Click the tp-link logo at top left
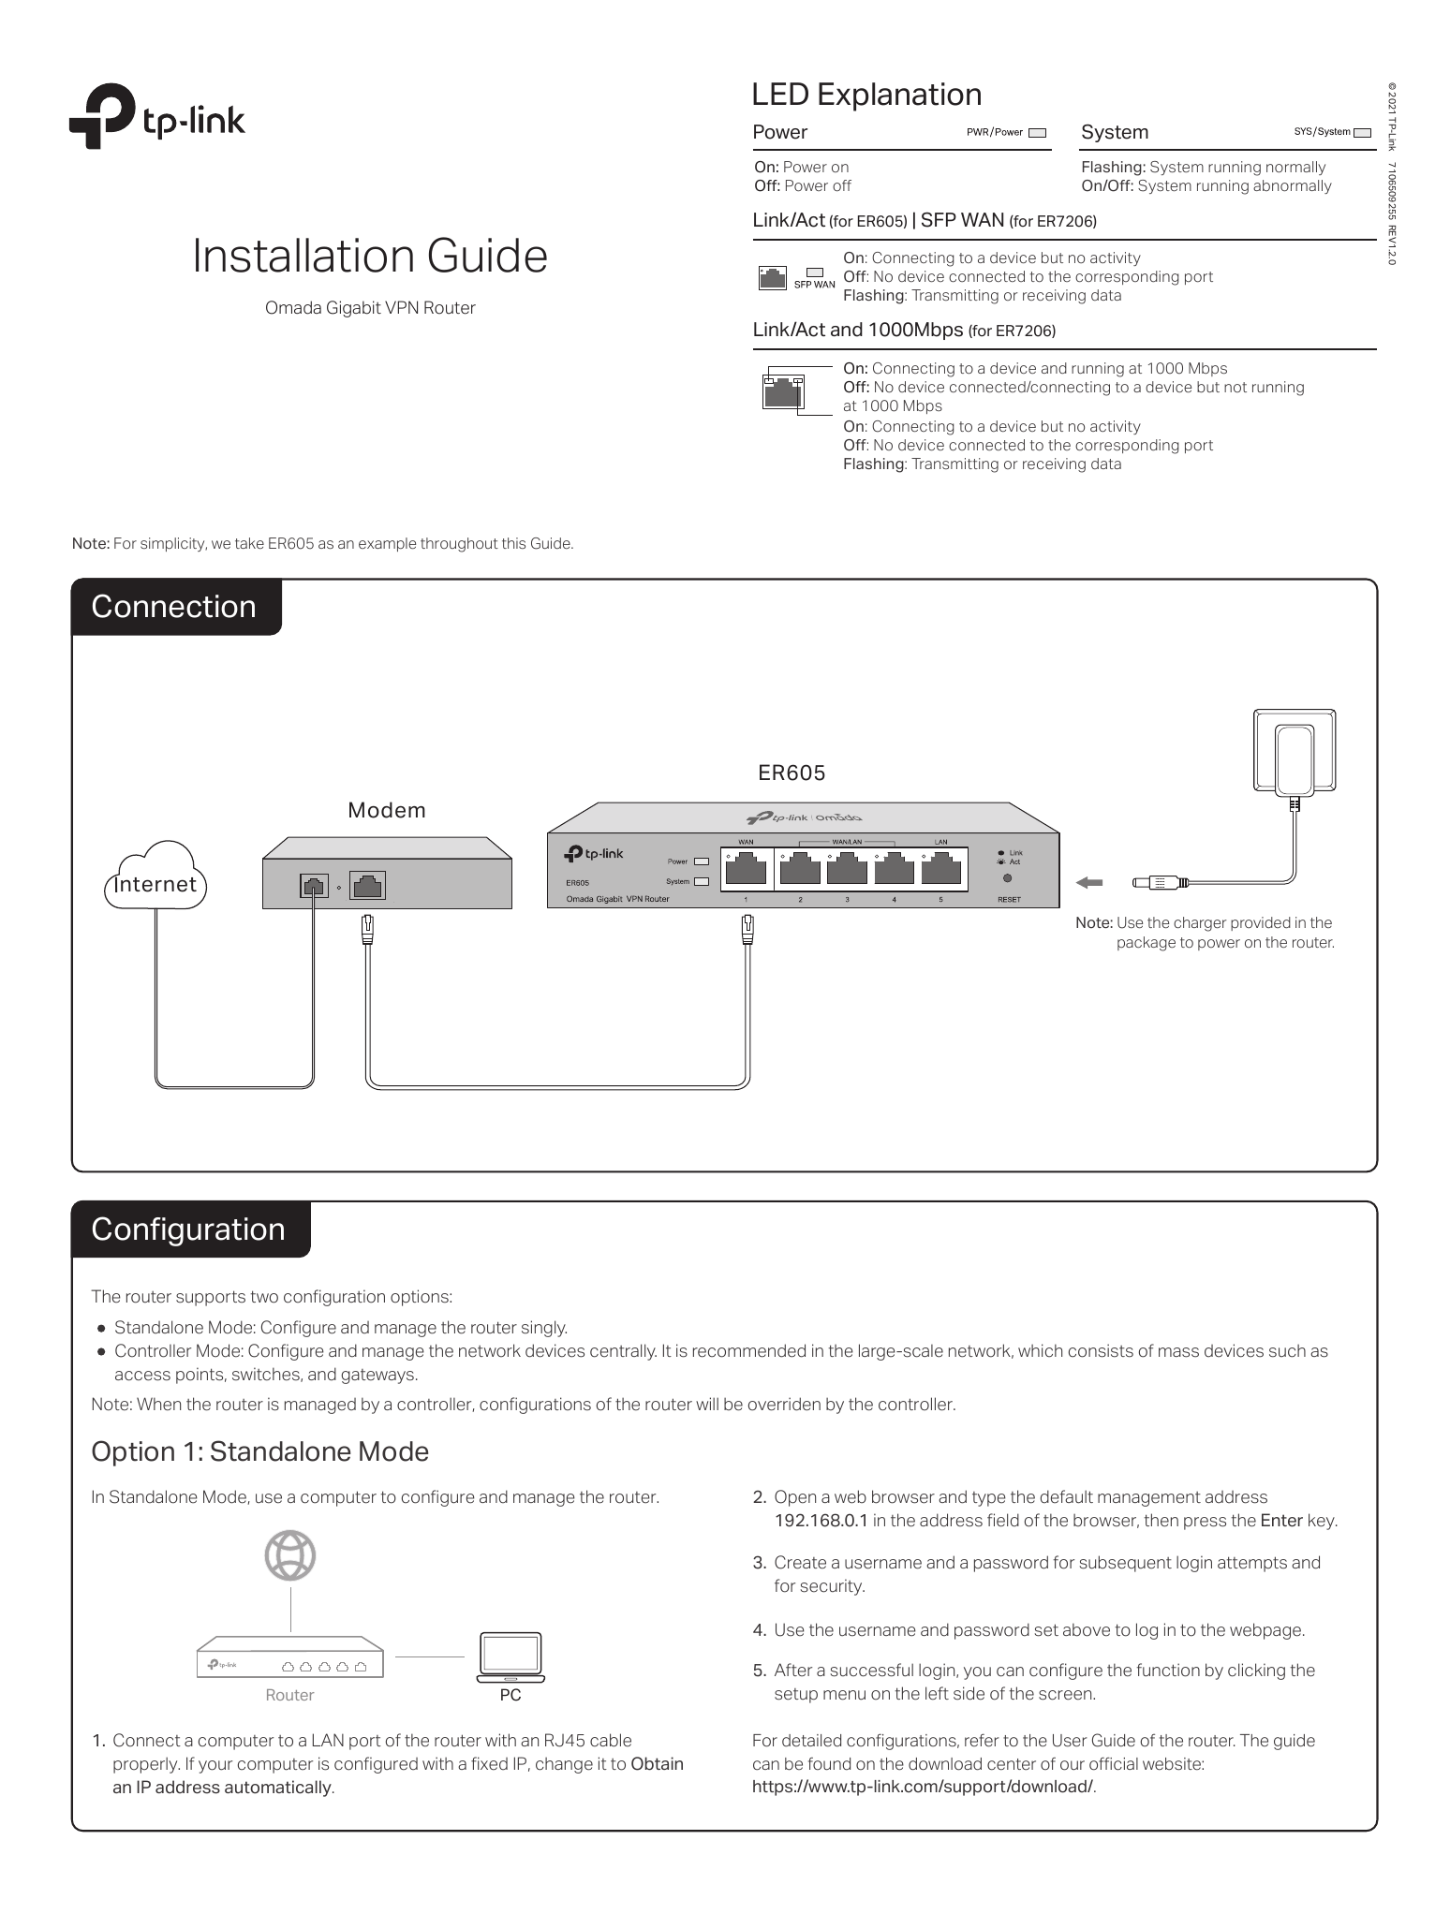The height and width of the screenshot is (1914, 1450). click(x=156, y=117)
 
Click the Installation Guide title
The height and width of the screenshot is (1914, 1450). click(x=370, y=256)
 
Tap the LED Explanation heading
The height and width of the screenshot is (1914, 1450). click(x=866, y=95)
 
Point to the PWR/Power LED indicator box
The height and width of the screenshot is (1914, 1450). click(x=1036, y=133)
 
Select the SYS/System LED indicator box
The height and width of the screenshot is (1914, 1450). click(x=1361, y=133)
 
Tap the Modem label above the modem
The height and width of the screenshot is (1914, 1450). click(x=387, y=810)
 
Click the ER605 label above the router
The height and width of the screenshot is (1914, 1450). click(x=792, y=773)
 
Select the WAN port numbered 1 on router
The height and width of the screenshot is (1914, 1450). click(x=747, y=871)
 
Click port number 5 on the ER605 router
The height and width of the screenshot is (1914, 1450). click(x=941, y=871)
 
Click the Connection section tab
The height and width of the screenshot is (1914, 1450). click(x=175, y=607)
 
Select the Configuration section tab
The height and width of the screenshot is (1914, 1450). click(x=189, y=1229)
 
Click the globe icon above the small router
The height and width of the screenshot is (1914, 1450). click(x=290, y=1556)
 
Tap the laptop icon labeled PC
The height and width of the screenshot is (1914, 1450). click(x=510, y=1656)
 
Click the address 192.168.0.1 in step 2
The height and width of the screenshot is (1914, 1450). click(x=821, y=1521)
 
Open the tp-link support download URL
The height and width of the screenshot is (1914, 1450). click(x=923, y=1787)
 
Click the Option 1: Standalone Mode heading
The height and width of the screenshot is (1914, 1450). click(x=259, y=1451)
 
